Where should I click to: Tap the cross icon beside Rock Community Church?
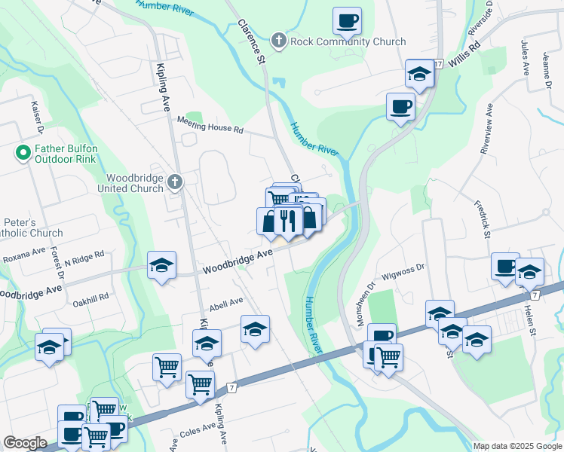click(x=279, y=40)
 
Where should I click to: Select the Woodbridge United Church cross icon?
click(x=175, y=181)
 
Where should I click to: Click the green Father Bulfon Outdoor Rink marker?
click(x=23, y=153)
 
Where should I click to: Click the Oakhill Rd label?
click(x=92, y=296)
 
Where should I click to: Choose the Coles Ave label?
click(x=198, y=433)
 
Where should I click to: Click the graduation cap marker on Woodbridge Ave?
click(x=162, y=265)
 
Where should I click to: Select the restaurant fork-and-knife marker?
click(x=286, y=220)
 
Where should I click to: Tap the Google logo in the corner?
click(x=25, y=443)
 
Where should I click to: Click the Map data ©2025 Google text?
click(x=516, y=446)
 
